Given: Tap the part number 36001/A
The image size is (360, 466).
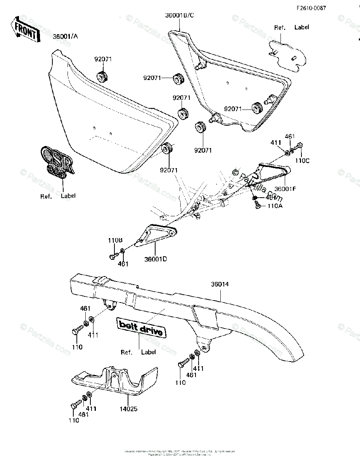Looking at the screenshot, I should [65, 37].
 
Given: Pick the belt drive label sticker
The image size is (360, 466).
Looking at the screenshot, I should [141, 327].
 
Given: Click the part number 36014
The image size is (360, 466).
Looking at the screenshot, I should [220, 285].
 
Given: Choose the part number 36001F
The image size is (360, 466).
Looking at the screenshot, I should [286, 189].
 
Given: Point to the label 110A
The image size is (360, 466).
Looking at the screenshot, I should [275, 206].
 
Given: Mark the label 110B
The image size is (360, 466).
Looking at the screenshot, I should [115, 240].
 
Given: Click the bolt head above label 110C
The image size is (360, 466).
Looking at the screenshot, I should [298, 146].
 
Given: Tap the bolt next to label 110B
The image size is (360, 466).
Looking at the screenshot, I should [114, 257].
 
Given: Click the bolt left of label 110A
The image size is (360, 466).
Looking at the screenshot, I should [257, 206].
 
